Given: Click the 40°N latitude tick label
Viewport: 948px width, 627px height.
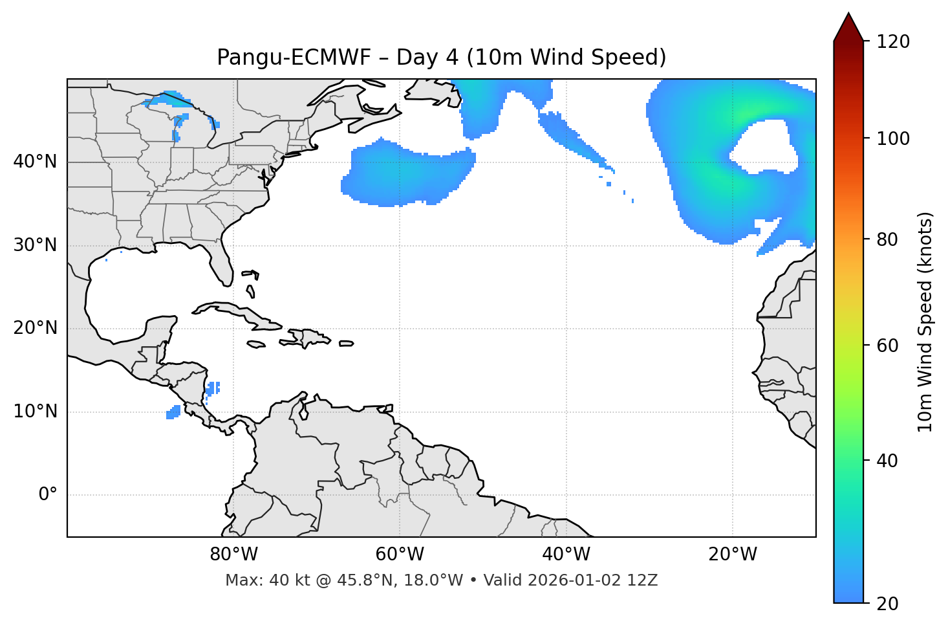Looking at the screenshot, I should (35, 162).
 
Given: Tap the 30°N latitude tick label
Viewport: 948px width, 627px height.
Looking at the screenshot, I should (35, 245).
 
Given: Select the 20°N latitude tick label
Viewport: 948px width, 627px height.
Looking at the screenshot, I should (35, 328).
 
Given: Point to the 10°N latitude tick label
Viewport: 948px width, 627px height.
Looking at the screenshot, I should (35, 412).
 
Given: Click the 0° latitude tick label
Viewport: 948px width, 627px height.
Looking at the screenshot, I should (48, 495).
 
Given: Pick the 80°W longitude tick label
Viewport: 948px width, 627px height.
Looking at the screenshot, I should (233, 555).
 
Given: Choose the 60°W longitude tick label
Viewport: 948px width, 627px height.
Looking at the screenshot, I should (400, 555).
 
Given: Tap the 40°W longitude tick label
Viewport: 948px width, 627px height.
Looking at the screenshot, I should (566, 555).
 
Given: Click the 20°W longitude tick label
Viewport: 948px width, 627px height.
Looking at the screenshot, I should (732, 555).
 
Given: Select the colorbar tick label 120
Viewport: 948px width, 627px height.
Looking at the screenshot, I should (893, 42).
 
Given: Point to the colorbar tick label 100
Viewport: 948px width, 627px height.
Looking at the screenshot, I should (893, 138).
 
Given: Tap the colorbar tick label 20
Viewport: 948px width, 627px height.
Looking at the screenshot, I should (888, 604).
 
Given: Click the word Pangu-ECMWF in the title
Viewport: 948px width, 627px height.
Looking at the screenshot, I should (294, 58).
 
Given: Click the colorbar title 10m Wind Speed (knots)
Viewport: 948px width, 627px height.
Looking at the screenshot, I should (925, 322).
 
